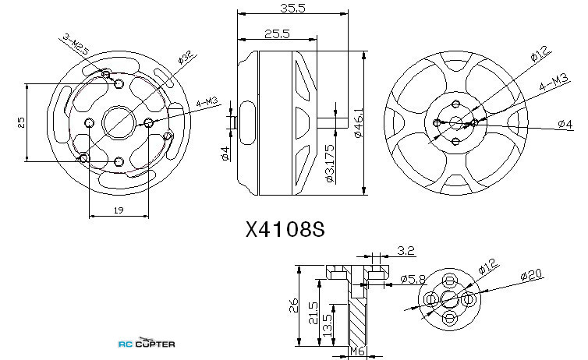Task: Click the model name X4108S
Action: (x=285, y=229)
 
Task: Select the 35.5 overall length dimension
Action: (x=293, y=8)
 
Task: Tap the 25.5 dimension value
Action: (x=277, y=34)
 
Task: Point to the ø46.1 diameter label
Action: (x=359, y=122)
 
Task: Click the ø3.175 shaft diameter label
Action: (x=330, y=164)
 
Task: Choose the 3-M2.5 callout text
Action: (x=76, y=44)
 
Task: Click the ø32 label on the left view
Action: (x=186, y=57)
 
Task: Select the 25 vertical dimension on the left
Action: (x=21, y=122)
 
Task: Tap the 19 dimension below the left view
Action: (x=119, y=210)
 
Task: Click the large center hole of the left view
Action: (x=119, y=122)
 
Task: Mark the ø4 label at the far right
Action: (x=565, y=124)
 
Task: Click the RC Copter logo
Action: (x=147, y=343)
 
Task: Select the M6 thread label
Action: (x=357, y=351)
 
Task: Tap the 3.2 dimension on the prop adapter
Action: (x=406, y=251)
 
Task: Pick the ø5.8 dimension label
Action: (x=413, y=279)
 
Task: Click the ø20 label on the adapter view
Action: (x=532, y=276)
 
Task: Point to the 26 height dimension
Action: (x=293, y=305)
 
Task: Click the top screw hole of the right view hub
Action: (x=456, y=104)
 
